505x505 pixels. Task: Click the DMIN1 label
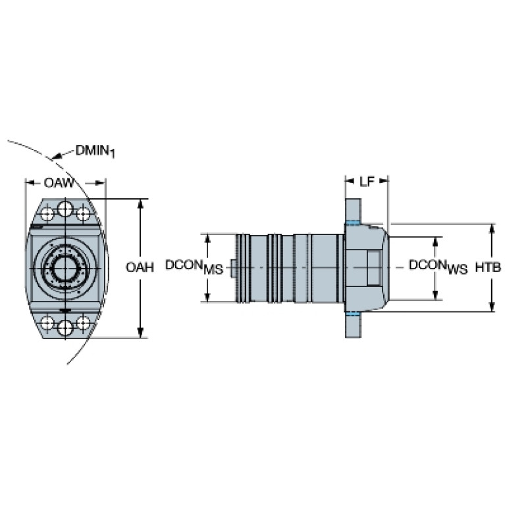pyautogui.click(x=95, y=151)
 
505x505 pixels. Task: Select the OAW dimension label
pyautogui.click(x=59, y=183)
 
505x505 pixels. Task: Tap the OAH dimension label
pyautogui.click(x=140, y=267)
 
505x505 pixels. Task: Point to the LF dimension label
pyautogui.click(x=367, y=182)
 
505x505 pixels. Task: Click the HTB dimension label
pyautogui.click(x=489, y=267)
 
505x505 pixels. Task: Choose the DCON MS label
pyautogui.click(x=194, y=267)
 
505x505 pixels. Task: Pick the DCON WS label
pyautogui.click(x=438, y=267)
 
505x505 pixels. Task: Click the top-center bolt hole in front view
pyautogui.click(x=65, y=209)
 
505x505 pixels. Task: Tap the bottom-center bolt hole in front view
pyautogui.click(x=65, y=328)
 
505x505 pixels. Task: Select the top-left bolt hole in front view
pyautogui.click(x=47, y=214)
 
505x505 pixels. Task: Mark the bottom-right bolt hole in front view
pyautogui.click(x=84, y=323)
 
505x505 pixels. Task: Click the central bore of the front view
pyautogui.click(x=65, y=268)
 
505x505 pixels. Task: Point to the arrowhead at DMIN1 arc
pyautogui.click(x=56, y=157)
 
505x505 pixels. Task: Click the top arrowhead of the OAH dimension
pyautogui.click(x=140, y=204)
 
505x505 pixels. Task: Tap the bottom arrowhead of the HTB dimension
pyautogui.click(x=491, y=307)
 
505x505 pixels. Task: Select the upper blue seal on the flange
pyautogui.click(x=353, y=223)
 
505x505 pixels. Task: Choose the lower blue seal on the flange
pyautogui.click(x=353, y=313)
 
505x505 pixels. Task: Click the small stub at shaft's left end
pyautogui.click(x=234, y=268)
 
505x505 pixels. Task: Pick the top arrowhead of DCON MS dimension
pyautogui.click(x=208, y=239)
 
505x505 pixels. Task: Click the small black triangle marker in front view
pyautogui.click(x=66, y=311)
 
